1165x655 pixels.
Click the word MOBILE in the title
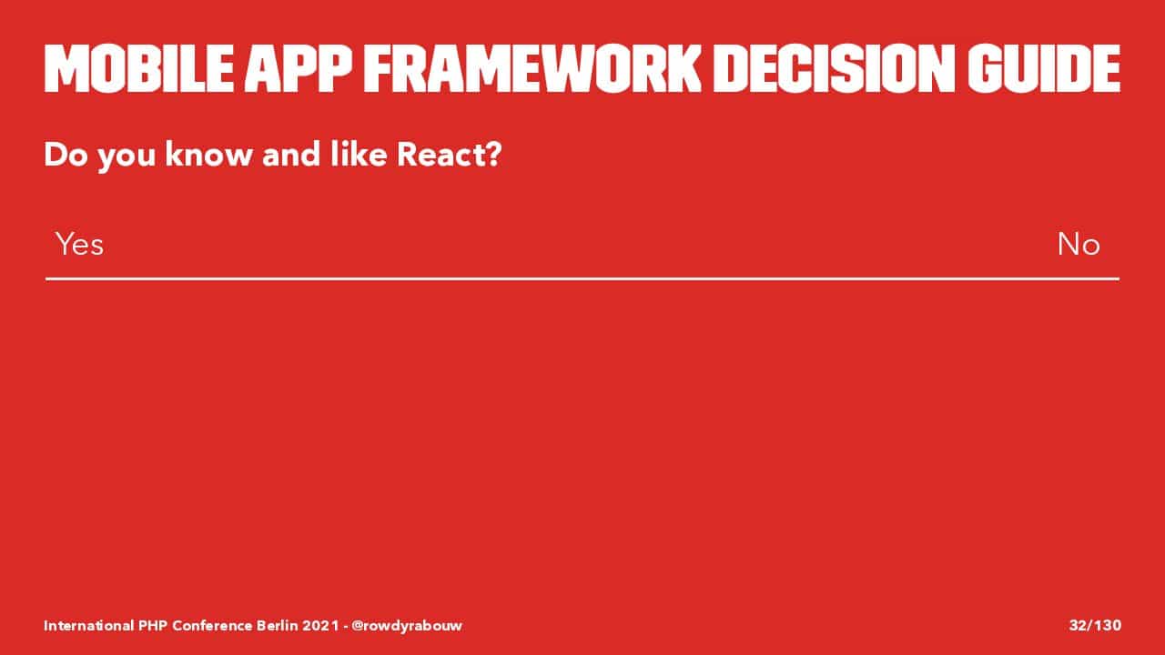coord(138,68)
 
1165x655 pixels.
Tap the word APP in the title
coord(298,68)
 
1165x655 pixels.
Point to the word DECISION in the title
coord(834,68)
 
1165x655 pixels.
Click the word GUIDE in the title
coord(1044,68)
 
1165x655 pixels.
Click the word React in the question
coord(440,155)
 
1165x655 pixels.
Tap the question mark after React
coord(492,155)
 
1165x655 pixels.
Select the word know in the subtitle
coord(208,155)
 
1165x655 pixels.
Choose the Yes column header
coord(79,244)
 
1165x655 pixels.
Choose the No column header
coord(1079,244)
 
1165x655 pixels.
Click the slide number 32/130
coord(1095,625)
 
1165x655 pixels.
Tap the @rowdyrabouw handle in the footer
coord(407,625)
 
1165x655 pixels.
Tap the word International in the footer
coord(88,625)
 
